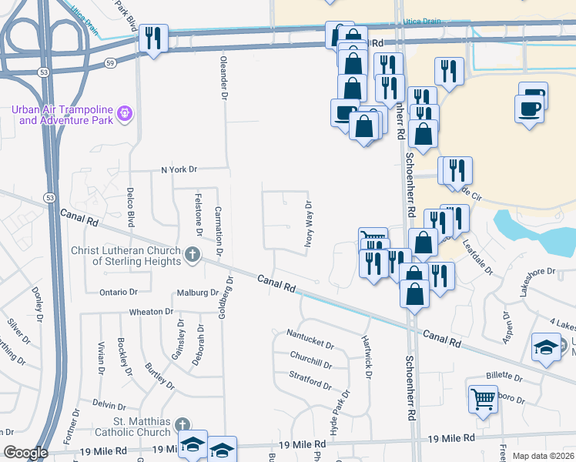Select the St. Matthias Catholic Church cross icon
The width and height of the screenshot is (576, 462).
coord(183,425)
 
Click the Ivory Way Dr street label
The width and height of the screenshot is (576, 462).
coord(306,223)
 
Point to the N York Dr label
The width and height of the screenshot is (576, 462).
coord(179,169)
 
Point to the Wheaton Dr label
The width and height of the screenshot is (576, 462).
coord(152,312)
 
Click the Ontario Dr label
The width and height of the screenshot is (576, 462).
coord(119,292)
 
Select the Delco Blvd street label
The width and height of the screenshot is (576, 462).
coord(131,206)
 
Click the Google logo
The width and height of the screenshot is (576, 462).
coord(25,453)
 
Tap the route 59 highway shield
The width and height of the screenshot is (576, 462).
coord(111,62)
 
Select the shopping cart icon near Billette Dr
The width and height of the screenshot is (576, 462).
coord(483,399)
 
